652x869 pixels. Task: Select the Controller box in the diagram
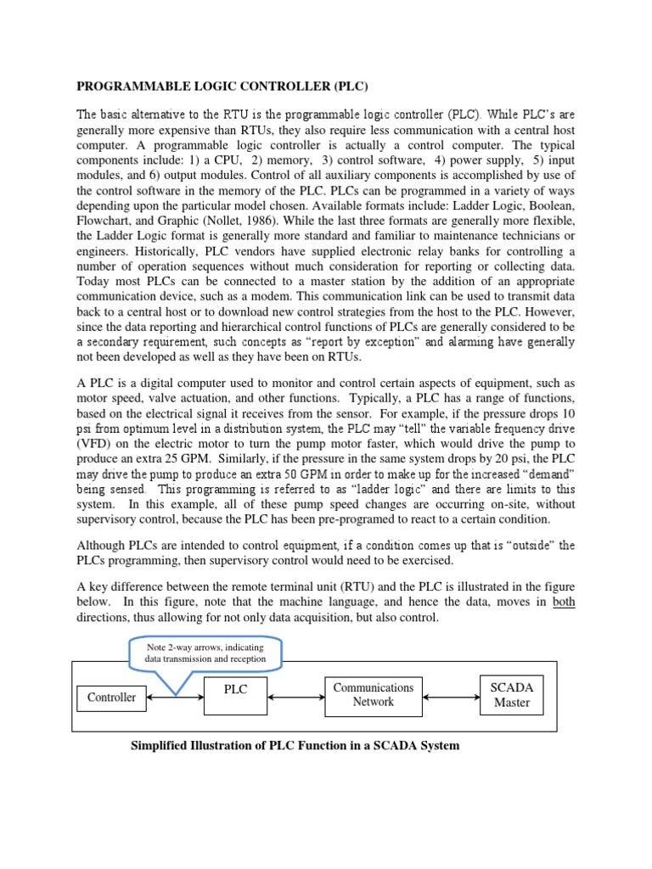111,698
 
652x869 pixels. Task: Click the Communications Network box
374,694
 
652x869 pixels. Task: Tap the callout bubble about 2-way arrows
207,653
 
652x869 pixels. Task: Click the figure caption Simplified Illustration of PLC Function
294,746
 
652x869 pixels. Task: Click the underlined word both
563,602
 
